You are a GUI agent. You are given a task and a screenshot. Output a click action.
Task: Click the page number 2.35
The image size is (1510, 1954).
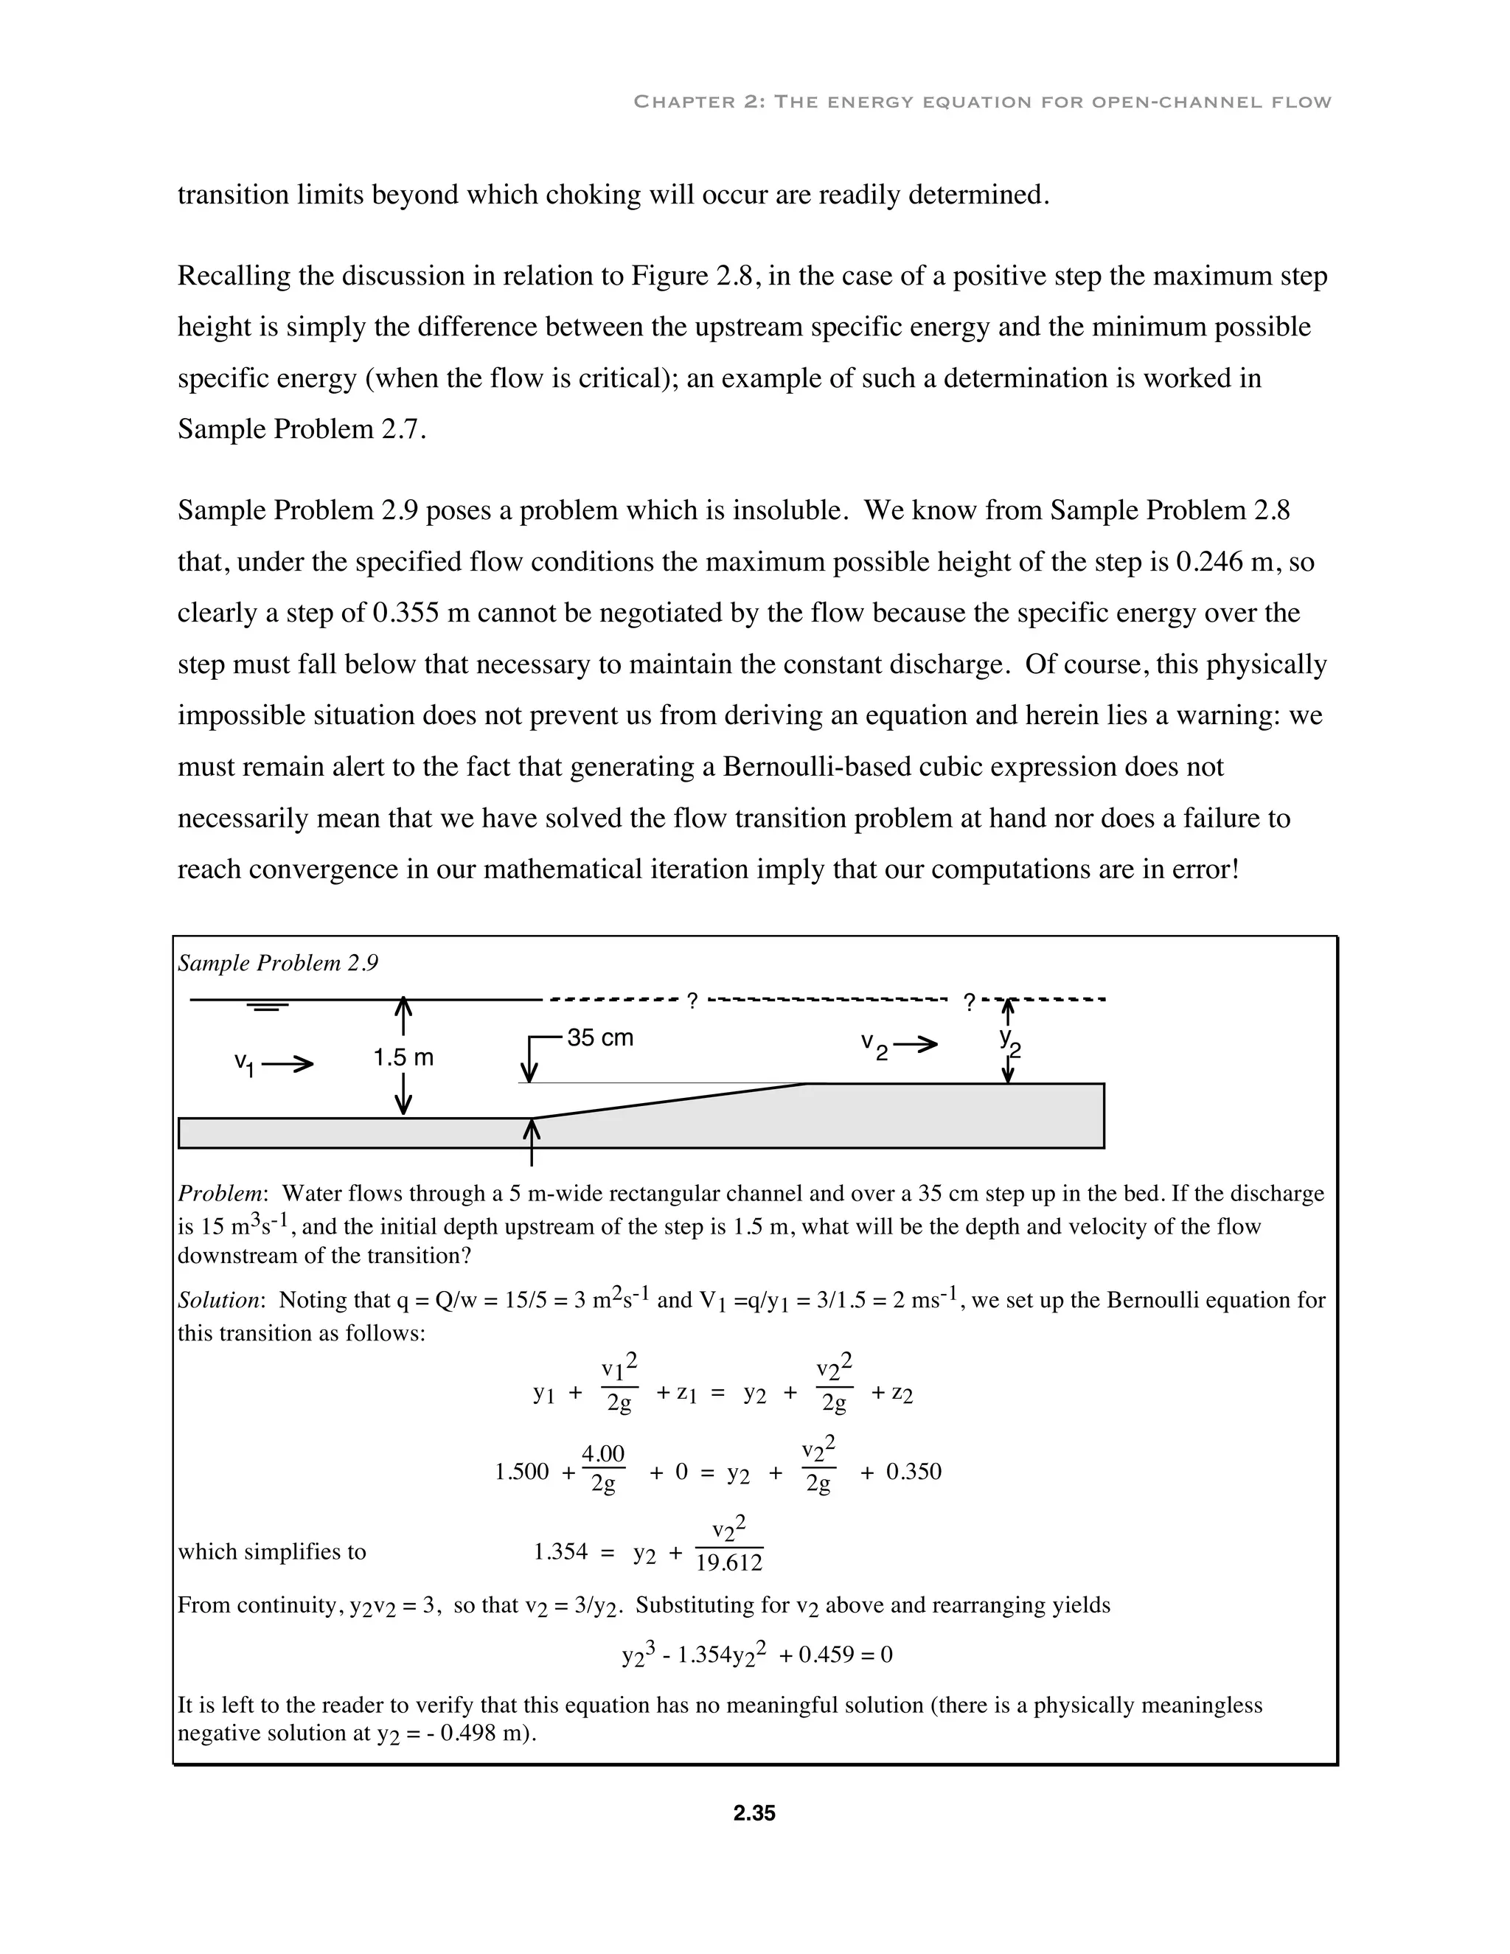click(x=754, y=1814)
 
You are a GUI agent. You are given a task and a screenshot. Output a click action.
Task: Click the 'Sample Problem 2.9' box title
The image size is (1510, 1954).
click(x=278, y=963)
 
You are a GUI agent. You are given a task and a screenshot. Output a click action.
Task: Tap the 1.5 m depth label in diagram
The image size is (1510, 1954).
click(x=403, y=1057)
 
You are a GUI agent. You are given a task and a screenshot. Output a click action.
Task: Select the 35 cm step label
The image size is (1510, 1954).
click(x=600, y=1038)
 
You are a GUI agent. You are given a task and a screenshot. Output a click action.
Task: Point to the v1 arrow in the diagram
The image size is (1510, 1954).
click(x=286, y=1064)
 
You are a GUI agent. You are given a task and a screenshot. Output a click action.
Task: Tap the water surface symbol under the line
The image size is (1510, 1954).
click(x=268, y=1007)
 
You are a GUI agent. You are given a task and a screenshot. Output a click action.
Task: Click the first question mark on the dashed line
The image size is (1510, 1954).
click(x=692, y=1001)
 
